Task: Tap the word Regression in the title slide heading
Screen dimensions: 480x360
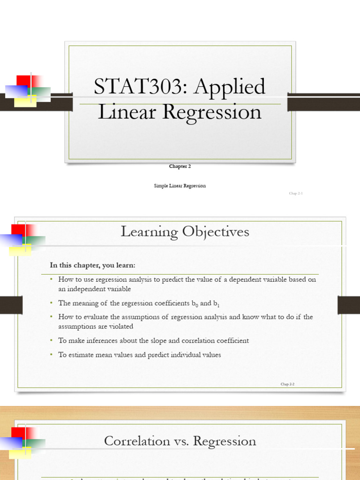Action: [x=212, y=112]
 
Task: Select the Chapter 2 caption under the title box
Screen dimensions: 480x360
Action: [x=180, y=166]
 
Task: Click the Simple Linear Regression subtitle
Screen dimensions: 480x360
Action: [x=180, y=186]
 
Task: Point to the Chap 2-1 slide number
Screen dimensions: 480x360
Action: [x=296, y=193]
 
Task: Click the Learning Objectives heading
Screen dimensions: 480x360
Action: [x=185, y=232]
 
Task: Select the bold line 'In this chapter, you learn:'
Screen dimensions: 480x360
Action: [x=93, y=265]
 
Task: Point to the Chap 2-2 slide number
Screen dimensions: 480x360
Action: [x=287, y=384]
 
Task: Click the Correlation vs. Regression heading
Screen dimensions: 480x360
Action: [x=180, y=441]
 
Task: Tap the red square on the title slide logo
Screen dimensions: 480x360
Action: [x=23, y=81]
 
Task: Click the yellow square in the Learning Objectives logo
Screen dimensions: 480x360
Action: [x=20, y=250]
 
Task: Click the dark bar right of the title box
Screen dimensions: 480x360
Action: [x=323, y=102]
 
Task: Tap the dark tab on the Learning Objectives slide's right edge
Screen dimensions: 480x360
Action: [x=348, y=305]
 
